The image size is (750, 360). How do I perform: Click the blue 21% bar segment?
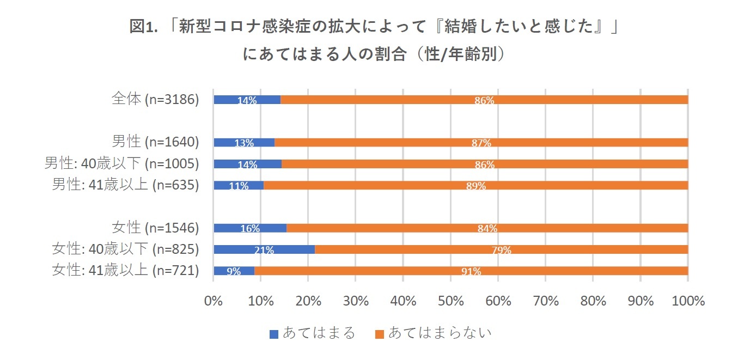tap(264, 249)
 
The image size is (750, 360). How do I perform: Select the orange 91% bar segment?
tap(471, 271)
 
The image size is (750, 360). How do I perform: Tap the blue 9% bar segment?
tap(234, 271)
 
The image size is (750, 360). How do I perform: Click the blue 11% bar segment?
tap(239, 185)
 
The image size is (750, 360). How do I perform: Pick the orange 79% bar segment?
tap(501, 249)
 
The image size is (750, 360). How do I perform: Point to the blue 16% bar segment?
tap(250, 228)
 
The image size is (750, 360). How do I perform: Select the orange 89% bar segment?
tap(475, 185)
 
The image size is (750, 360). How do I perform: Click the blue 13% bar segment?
tap(244, 143)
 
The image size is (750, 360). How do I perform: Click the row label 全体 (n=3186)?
tap(155, 99)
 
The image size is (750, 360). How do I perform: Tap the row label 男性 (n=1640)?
tap(155, 142)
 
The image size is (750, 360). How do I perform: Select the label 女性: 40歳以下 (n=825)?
tap(125, 249)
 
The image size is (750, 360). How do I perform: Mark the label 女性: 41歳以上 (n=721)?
tap(125, 271)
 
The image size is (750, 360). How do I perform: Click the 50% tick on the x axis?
tap(450, 301)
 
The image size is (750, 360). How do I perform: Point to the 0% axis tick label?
tap(213, 301)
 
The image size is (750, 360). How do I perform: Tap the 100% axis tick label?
tap(688, 301)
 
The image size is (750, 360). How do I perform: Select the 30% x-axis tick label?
tap(356, 301)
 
